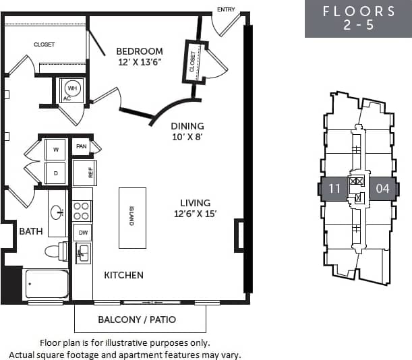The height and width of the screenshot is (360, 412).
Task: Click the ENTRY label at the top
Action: click(x=226, y=9)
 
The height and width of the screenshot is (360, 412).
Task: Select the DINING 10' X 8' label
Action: click(x=187, y=131)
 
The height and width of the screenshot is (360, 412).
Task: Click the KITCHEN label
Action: click(x=123, y=275)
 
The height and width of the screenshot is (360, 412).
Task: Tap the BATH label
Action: click(x=31, y=231)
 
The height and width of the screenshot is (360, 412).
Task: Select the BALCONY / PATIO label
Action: click(x=137, y=320)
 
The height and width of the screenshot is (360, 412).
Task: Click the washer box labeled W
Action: click(x=55, y=149)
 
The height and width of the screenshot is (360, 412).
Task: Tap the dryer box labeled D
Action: click(x=55, y=173)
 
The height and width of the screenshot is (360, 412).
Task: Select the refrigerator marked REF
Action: click(x=84, y=173)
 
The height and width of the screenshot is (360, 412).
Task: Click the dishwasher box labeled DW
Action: click(x=82, y=233)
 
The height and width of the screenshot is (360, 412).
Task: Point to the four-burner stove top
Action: click(x=82, y=211)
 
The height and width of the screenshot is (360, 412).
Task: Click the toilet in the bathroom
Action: click(x=56, y=251)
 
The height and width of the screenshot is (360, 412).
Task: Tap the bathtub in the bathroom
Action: click(x=47, y=284)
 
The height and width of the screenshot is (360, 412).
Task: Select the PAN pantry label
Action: click(x=82, y=146)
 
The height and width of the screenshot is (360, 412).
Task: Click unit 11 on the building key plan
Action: click(x=334, y=189)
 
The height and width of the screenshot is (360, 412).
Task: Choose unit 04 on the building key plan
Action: click(x=382, y=189)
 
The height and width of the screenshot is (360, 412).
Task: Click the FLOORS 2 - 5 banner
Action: click(x=358, y=19)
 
